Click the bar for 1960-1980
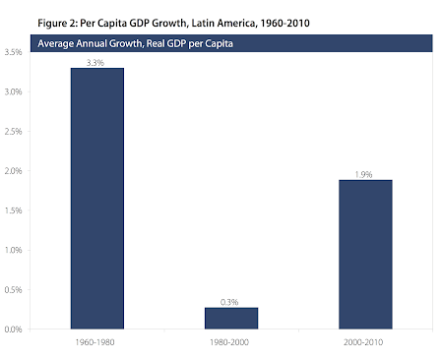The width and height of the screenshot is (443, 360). click(x=97, y=199)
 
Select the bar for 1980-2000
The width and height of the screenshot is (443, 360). click(x=231, y=318)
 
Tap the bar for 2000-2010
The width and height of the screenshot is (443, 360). click(x=365, y=255)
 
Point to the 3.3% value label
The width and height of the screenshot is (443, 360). click(x=95, y=63)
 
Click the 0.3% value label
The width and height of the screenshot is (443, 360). click(x=229, y=302)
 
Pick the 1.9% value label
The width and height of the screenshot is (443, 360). click(x=363, y=174)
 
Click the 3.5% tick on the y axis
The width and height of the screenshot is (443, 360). click(x=13, y=52)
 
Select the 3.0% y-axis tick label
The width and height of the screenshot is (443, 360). click(x=13, y=91)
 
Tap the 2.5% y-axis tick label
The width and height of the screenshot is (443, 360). click(x=13, y=131)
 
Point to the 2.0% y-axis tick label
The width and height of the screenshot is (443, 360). click(x=13, y=171)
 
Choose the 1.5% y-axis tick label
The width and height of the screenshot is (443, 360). click(x=13, y=210)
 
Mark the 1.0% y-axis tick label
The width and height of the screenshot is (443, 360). click(x=13, y=250)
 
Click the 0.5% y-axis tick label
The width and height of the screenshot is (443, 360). click(x=13, y=289)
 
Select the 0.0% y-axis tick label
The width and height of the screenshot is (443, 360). click(x=13, y=330)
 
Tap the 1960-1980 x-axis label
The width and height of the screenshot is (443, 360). click(x=95, y=342)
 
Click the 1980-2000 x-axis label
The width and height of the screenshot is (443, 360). click(x=229, y=342)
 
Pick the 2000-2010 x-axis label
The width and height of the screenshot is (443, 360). click(x=363, y=342)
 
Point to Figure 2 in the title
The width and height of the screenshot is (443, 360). click(x=58, y=24)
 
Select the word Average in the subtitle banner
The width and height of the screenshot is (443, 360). click(x=55, y=43)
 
